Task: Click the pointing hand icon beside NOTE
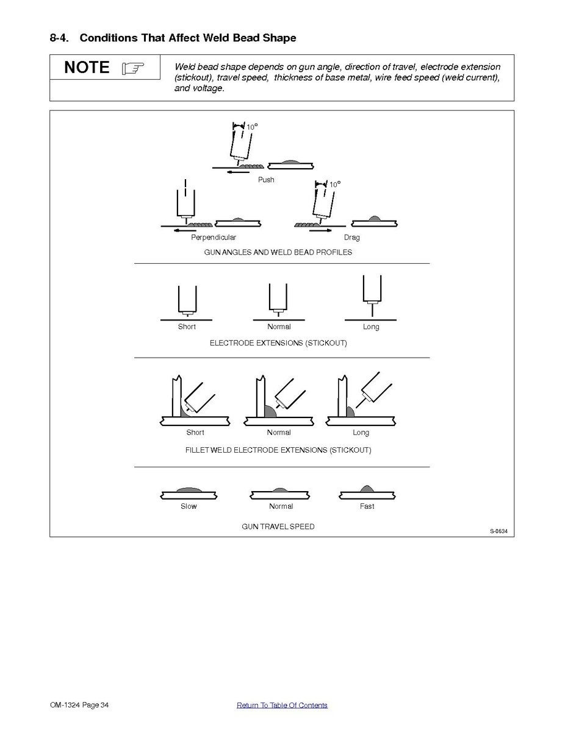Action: (x=133, y=68)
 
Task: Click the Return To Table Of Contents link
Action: (x=282, y=705)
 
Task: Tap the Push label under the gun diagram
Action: (x=266, y=180)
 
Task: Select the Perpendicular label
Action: (x=214, y=238)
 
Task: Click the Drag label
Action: (x=352, y=238)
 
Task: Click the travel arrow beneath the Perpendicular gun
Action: (x=184, y=230)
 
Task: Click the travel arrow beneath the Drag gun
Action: (x=320, y=230)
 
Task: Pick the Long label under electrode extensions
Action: (x=371, y=327)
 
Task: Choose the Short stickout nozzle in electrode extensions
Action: (x=187, y=301)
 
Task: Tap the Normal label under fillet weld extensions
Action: (x=279, y=433)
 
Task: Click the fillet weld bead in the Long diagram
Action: (x=350, y=412)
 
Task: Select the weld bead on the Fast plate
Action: (x=367, y=489)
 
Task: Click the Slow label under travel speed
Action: (x=189, y=506)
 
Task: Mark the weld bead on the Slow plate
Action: (x=189, y=491)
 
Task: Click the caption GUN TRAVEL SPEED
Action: (x=278, y=526)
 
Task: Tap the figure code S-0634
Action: (x=499, y=531)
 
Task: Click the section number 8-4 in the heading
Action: (x=59, y=38)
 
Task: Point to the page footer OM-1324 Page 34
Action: (x=79, y=705)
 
